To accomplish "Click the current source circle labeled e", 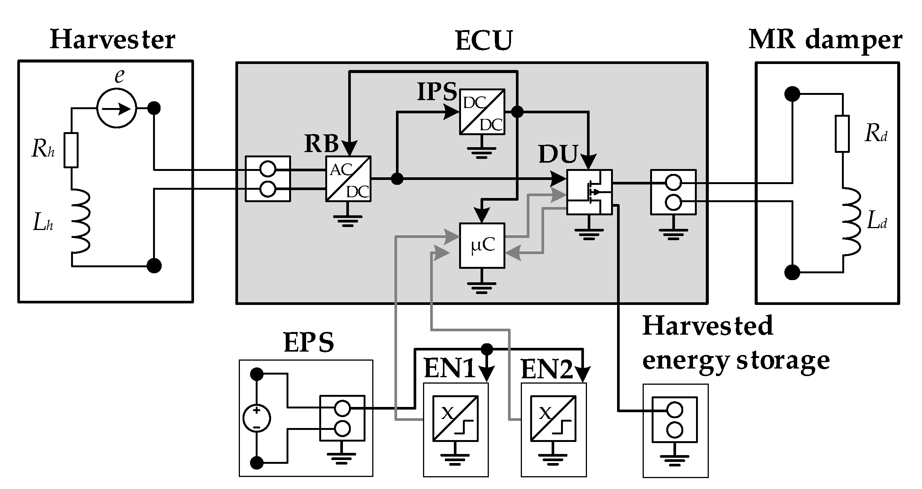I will point(117,108).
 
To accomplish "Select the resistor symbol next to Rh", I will point(71,150).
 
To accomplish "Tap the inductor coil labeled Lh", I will point(80,221).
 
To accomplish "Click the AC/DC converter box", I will point(348,179).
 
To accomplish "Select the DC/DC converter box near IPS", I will point(482,112).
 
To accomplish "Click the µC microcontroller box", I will point(482,245).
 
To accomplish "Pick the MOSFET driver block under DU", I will point(589,192).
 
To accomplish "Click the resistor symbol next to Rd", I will point(842,134).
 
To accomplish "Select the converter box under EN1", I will point(455,418).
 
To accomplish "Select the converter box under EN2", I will point(553,418).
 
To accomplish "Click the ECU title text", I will point(484,41).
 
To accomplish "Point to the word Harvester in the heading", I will point(112,40).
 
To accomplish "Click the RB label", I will point(321,143).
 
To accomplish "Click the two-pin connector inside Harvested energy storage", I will point(675,419).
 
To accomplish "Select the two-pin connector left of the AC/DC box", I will point(268,179).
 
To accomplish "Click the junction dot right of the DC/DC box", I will point(517,112).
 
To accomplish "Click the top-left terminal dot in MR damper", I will point(792,94).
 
